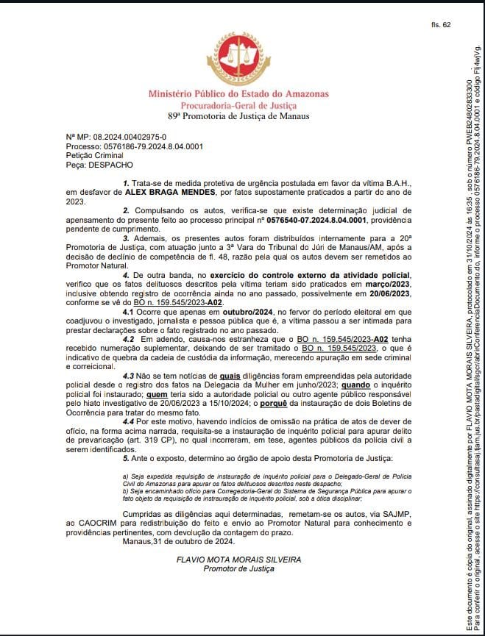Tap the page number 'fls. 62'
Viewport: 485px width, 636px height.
441,25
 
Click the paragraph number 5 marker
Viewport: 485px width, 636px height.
125,435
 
